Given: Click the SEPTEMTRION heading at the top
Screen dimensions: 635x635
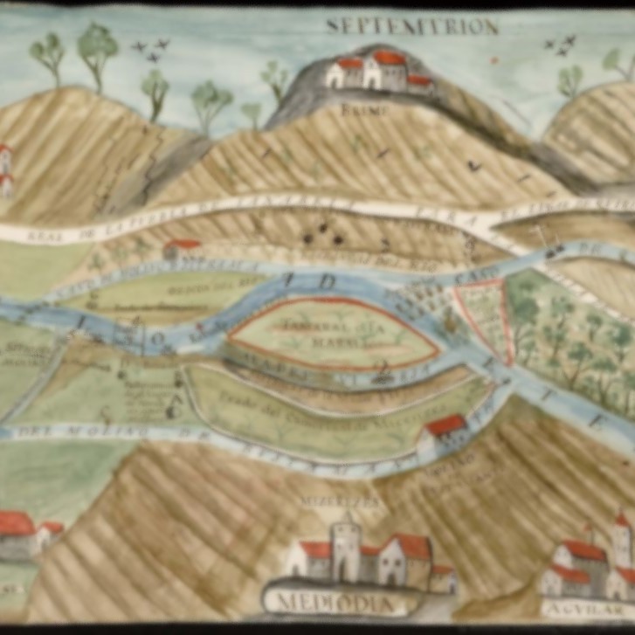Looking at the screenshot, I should pos(411,26).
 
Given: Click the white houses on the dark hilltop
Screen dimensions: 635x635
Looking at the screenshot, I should pos(378,72).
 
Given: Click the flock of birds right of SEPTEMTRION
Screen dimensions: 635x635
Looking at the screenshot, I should pos(560,44).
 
